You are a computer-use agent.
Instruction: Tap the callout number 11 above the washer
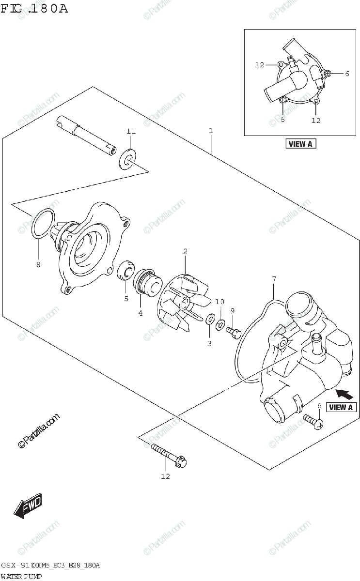[x=131, y=132]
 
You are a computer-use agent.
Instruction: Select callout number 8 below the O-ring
[x=38, y=264]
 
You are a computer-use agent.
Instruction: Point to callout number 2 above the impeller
[x=185, y=251]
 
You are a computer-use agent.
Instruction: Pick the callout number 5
[x=126, y=299]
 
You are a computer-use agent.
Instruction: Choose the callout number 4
[x=140, y=313]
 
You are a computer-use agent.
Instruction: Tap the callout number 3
[x=209, y=343]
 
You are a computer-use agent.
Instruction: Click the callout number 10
[x=219, y=302]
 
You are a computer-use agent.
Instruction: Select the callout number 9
[x=232, y=310]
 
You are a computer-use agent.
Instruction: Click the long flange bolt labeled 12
[x=168, y=455]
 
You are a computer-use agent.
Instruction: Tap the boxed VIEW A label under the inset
[x=300, y=143]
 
